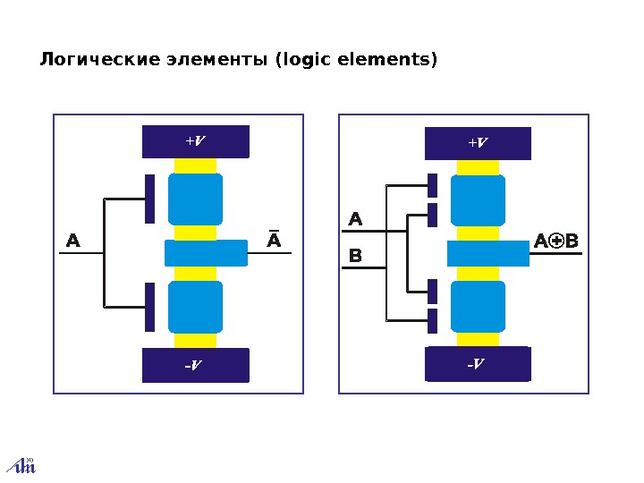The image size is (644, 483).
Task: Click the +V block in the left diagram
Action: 195,141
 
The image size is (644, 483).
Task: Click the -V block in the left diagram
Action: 195,365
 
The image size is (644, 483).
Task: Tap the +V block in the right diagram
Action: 478,143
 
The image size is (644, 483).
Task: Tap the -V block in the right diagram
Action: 478,364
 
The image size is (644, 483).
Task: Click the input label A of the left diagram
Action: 73,241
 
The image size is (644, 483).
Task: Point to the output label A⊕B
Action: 556,241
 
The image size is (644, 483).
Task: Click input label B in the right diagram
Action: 355,258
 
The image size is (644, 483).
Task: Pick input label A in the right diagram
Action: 355,219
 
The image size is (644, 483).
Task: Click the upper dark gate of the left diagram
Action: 150,199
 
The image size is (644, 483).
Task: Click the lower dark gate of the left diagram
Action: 150,307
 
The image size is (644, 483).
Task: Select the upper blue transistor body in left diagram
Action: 195,199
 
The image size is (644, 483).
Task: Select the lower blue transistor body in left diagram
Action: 195,307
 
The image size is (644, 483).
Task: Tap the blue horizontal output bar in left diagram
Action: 206,253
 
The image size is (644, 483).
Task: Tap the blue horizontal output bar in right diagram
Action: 487,254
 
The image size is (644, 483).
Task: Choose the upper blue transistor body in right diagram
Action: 478,200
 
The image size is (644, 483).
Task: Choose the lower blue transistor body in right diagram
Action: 478,307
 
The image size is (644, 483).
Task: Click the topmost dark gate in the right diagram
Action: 432,185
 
